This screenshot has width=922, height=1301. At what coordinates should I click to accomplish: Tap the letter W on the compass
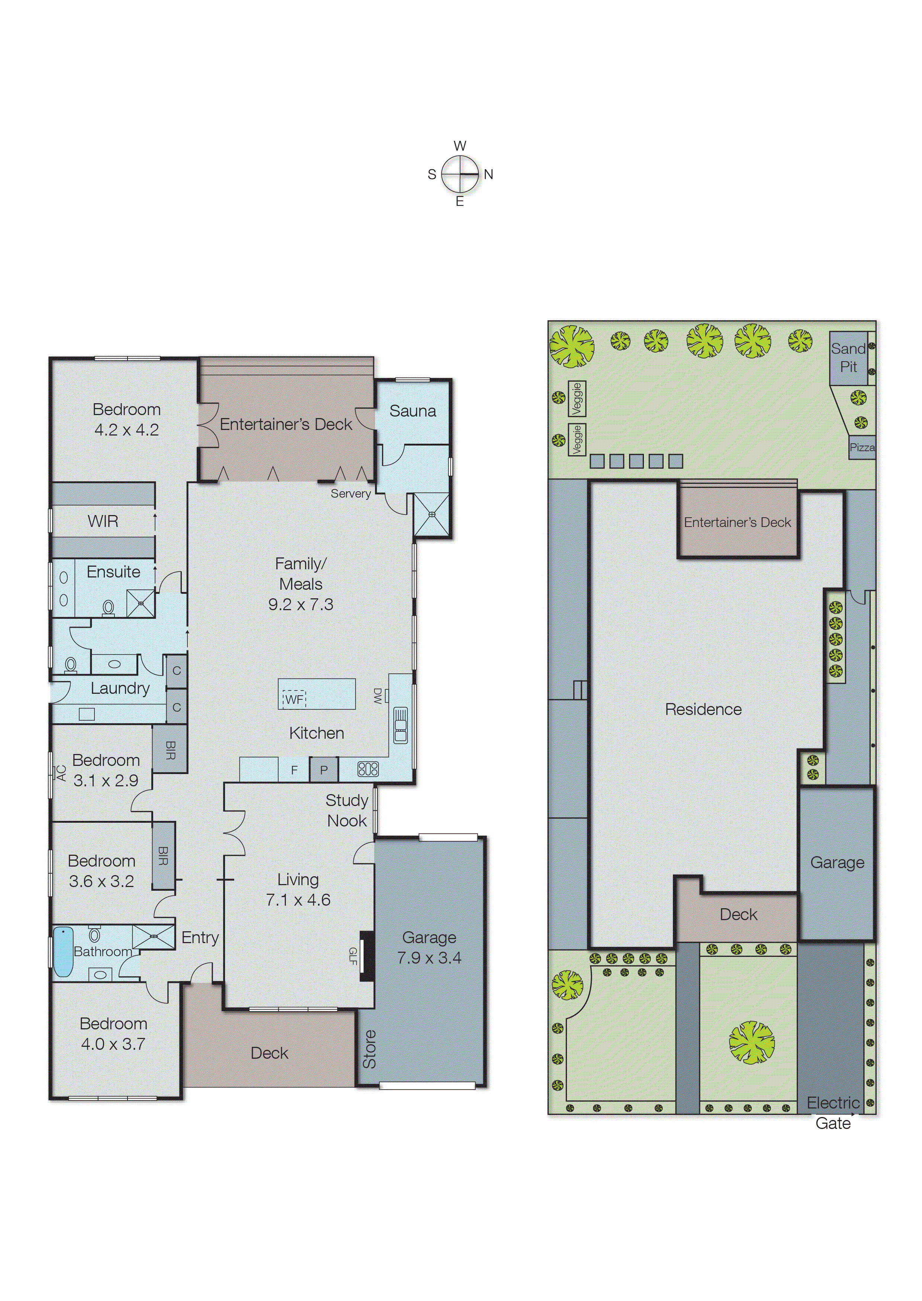(x=460, y=146)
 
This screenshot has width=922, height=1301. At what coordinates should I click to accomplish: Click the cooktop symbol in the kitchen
(x=368, y=769)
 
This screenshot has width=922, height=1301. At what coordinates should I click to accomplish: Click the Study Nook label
(x=347, y=810)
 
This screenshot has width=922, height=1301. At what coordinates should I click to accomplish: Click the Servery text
(x=350, y=493)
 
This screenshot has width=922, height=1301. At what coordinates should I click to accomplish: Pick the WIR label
(x=103, y=521)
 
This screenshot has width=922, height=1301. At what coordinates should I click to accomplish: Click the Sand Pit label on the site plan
(x=848, y=357)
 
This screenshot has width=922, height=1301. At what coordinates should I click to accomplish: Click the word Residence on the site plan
(x=703, y=709)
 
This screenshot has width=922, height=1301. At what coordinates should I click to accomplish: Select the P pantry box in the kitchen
(x=323, y=770)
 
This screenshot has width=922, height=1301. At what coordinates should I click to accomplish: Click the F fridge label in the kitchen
(x=294, y=770)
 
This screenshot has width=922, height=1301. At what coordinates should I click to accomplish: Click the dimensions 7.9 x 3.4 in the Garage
(x=429, y=958)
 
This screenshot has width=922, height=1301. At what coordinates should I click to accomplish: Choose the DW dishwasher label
(x=378, y=696)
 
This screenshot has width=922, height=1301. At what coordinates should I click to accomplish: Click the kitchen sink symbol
(x=400, y=725)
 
